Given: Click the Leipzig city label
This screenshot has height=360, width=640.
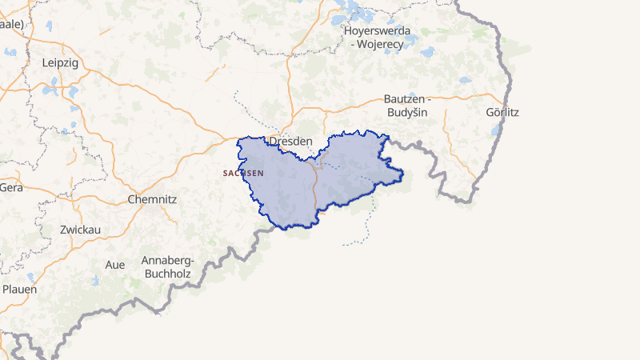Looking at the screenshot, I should point(60,62).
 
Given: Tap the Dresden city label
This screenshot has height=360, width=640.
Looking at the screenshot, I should point(290,141).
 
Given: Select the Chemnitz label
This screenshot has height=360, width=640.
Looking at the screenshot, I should point(152,198).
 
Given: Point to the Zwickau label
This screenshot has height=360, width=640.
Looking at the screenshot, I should point(80,230).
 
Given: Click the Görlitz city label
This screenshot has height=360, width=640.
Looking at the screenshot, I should point(502,112).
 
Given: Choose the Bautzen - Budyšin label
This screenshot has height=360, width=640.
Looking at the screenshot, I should point(406,105).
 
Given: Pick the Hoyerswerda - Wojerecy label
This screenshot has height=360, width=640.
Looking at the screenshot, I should point(377,38).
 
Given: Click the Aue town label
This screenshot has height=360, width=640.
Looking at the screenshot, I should point(115,264).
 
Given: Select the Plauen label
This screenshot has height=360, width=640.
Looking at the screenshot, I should point(19,289).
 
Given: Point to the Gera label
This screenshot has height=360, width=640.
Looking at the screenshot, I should point(11,187).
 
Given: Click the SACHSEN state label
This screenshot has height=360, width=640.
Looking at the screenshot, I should point(243,173).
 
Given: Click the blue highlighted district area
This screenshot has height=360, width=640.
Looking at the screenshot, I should point(352,172).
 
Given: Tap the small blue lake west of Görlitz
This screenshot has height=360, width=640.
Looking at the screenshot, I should point(495,129).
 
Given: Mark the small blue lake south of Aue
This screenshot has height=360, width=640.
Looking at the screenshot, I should point(97,279).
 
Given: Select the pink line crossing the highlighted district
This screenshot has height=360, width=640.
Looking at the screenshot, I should point(314,188).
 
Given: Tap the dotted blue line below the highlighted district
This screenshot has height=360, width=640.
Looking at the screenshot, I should point(368,228).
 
